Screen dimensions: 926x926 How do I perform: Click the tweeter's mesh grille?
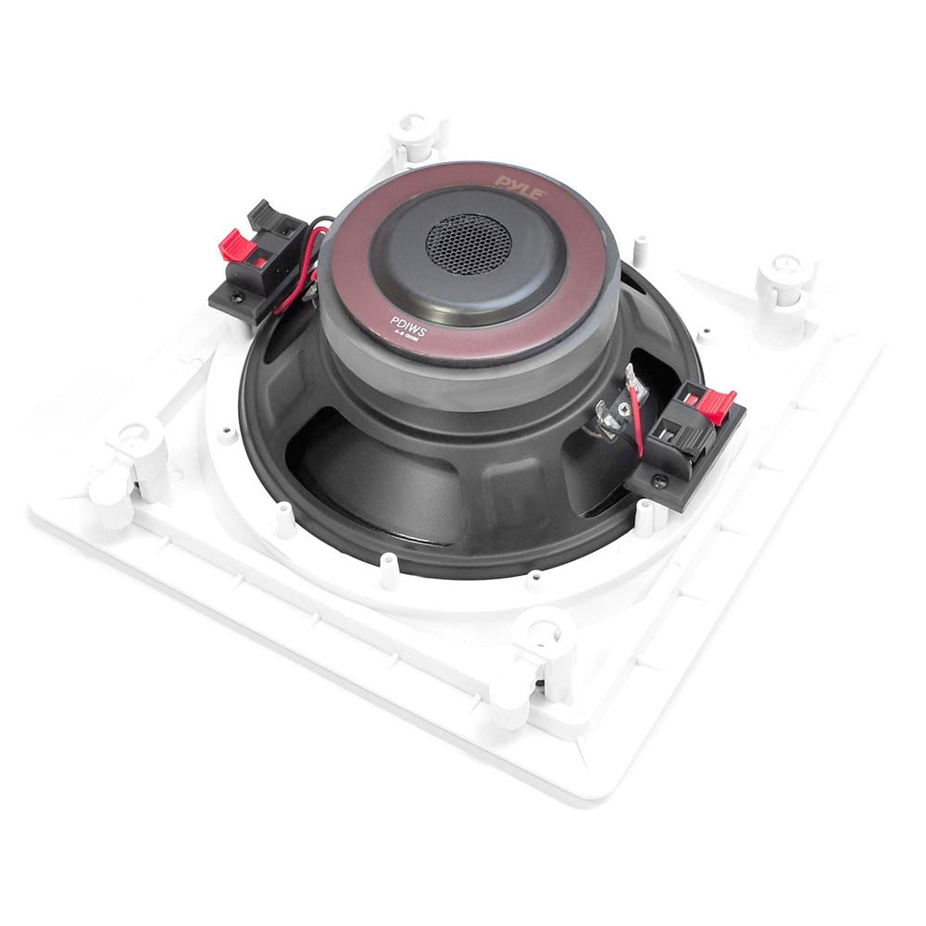click(x=469, y=243)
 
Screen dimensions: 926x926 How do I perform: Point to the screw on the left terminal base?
click(x=238, y=298)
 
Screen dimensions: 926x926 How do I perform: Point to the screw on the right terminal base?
click(x=658, y=481)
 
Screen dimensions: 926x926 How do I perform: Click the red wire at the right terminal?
click(x=637, y=421)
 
